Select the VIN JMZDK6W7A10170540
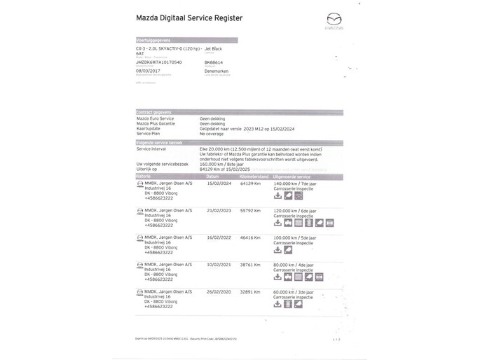pos(158,62)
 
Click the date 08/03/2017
pos(147,71)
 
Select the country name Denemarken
pos(198,71)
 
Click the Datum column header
pos(213,176)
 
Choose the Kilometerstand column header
pos(254,176)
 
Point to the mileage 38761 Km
pos(250,265)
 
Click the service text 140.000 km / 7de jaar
pos(294,184)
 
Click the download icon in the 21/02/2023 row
pos(277,223)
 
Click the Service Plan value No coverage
pos(214,134)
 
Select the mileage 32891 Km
pos(250,292)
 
